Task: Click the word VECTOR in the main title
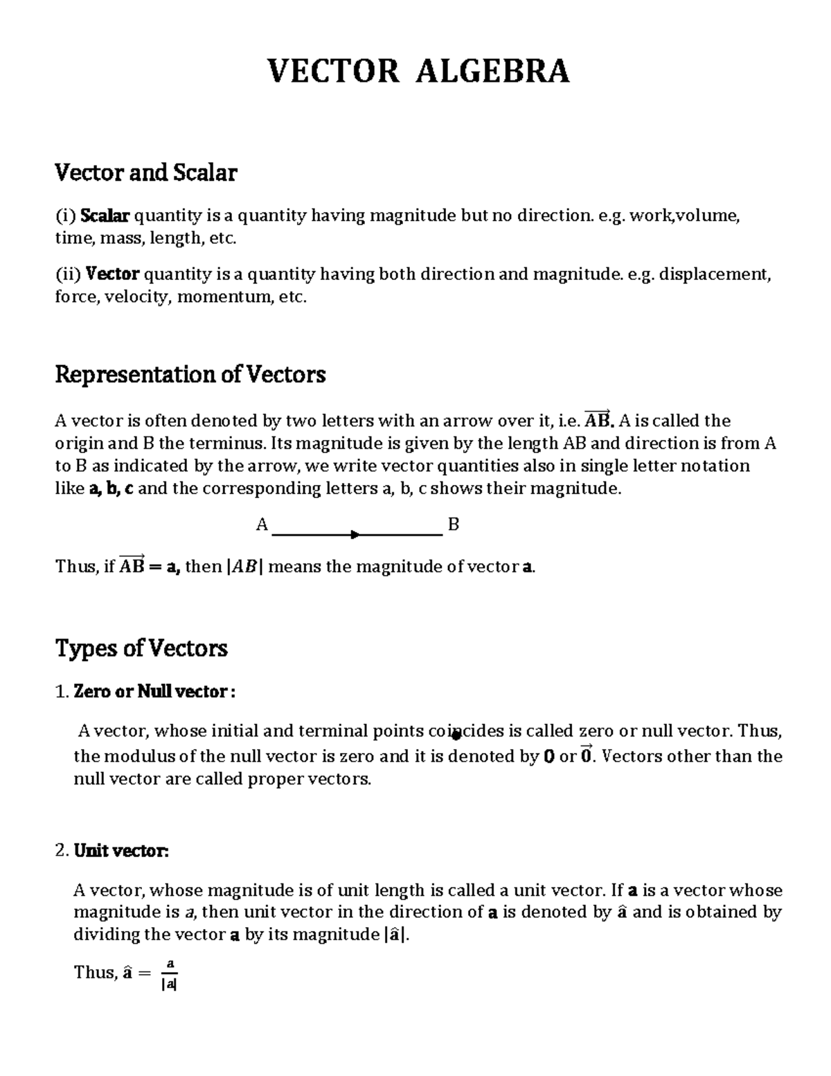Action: point(333,71)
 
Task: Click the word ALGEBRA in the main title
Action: point(492,71)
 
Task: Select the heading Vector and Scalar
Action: point(145,173)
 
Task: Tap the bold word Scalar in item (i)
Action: point(105,216)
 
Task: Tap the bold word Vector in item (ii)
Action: point(112,274)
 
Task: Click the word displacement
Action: point(713,274)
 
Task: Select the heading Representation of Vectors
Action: point(190,375)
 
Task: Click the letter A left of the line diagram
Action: point(262,524)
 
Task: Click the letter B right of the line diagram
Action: point(454,524)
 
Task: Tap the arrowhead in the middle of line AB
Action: point(355,534)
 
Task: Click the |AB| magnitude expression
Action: point(244,567)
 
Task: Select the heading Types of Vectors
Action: point(141,649)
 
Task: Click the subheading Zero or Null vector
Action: point(153,691)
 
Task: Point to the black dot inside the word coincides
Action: point(456,736)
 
